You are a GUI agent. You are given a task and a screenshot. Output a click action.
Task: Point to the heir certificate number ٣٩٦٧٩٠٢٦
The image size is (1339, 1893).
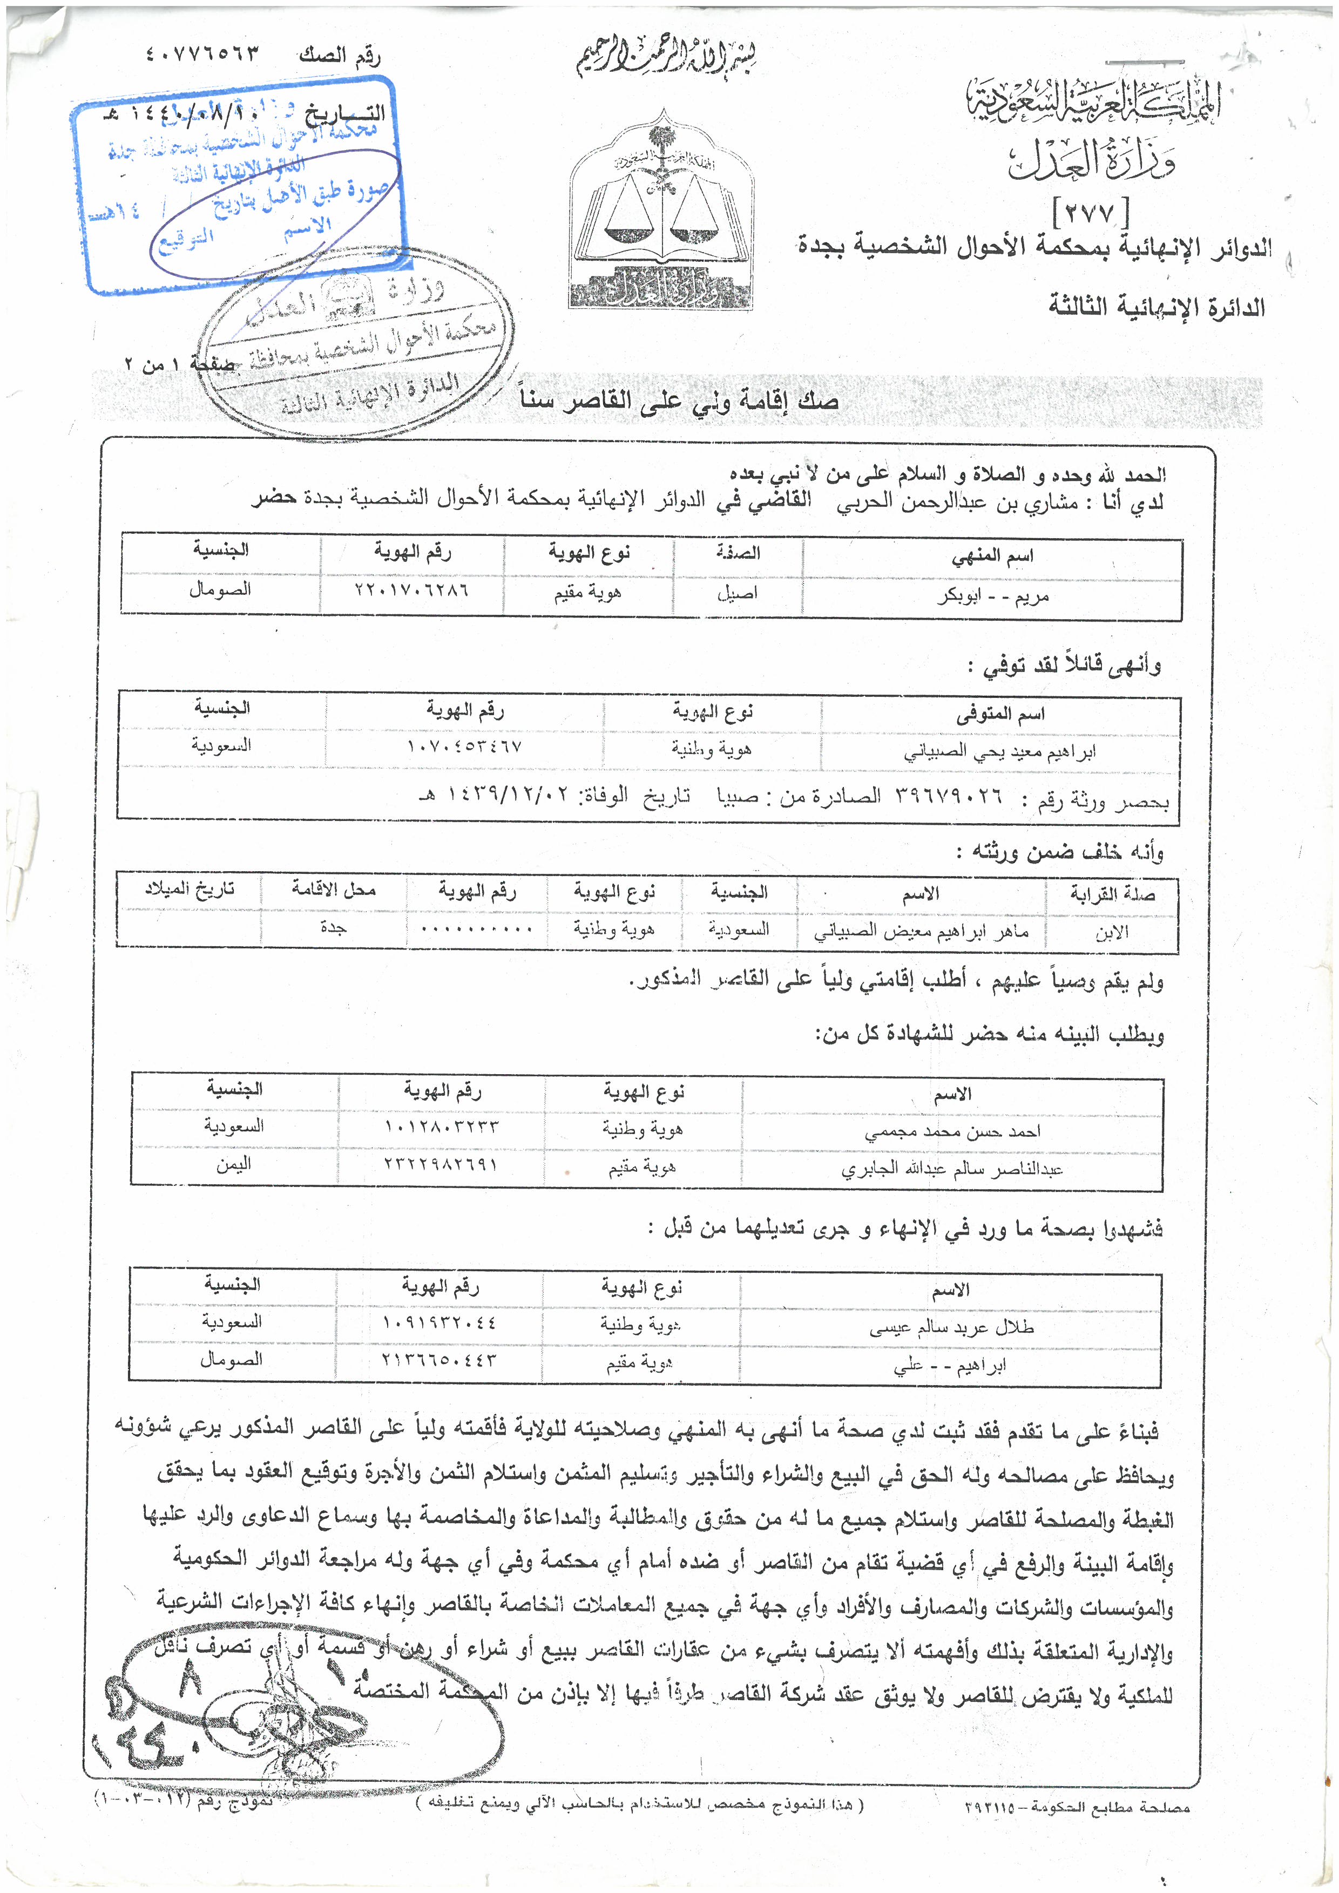point(948,797)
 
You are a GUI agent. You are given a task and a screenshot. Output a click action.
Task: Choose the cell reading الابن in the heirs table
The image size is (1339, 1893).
point(1112,933)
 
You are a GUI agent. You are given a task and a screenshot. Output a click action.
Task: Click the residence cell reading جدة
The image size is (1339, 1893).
point(333,928)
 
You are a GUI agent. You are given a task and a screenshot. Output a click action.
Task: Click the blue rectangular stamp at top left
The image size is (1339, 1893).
point(239,186)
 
